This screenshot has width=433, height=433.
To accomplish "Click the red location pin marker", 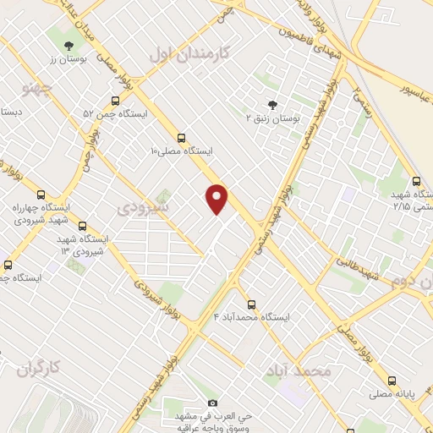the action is click(217, 198).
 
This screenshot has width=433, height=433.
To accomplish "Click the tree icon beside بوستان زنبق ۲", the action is click(272, 106).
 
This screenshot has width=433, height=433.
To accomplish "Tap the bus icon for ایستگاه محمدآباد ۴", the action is click(251, 304).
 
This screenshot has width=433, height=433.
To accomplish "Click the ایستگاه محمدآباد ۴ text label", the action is click(253, 317).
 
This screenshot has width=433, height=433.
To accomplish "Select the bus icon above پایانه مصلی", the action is click(391, 381).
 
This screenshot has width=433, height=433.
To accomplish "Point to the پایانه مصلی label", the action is click(392, 394).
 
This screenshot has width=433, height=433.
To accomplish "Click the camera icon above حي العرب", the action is click(212, 403).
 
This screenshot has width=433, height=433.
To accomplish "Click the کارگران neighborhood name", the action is click(40, 368).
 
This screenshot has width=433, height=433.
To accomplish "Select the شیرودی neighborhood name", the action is click(143, 206).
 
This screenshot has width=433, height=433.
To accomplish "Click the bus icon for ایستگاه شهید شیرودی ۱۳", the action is click(82, 226).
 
